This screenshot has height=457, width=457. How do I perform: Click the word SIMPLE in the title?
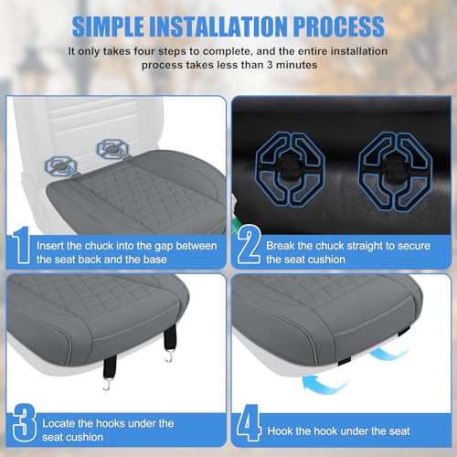[x=108, y=27]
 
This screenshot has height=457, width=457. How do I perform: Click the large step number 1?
[x=21, y=245]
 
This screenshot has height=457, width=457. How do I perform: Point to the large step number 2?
[x=249, y=244]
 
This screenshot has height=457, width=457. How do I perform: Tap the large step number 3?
[x=25, y=422]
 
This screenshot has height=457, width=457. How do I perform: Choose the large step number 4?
[x=250, y=422]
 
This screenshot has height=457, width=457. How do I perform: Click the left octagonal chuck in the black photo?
[x=290, y=170]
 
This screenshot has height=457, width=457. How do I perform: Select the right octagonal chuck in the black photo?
[x=395, y=172]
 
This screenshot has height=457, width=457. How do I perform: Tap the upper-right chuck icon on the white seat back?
[x=112, y=149]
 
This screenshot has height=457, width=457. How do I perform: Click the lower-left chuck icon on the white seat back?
[x=60, y=166]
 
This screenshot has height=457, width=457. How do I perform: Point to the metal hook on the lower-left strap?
[x=106, y=385]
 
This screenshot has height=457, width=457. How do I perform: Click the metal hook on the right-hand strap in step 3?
[x=169, y=356]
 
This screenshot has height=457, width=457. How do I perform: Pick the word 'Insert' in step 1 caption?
[x=49, y=246]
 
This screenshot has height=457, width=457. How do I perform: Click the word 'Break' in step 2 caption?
[x=280, y=246]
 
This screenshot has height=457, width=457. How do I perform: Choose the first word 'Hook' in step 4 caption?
[x=280, y=431]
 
